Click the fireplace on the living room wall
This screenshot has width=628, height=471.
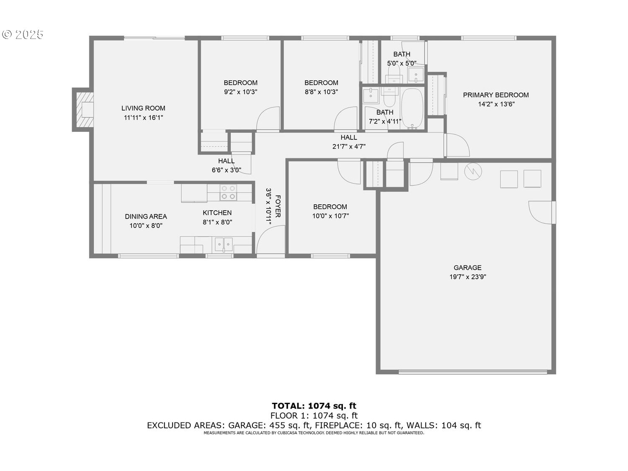[x=83, y=110]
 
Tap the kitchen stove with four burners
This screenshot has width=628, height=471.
[x=228, y=193]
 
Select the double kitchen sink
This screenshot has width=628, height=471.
[x=224, y=245]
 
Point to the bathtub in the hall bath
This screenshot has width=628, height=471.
[x=412, y=109]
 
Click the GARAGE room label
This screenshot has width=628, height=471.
[x=468, y=268]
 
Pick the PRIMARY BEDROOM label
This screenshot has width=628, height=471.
[x=496, y=95]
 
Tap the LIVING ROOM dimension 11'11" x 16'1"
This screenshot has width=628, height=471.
[x=143, y=118]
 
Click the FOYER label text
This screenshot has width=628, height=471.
[x=278, y=206]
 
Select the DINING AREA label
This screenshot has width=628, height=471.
[x=146, y=216]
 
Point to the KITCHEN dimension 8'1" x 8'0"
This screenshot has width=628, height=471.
[x=217, y=222]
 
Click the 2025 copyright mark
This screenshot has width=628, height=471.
[x=23, y=35]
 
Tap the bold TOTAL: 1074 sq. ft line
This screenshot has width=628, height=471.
[x=314, y=406]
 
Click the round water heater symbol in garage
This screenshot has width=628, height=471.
[x=473, y=172]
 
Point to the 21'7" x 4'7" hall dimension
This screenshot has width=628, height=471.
[x=349, y=147]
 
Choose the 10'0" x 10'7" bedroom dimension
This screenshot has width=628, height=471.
[x=330, y=216]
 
